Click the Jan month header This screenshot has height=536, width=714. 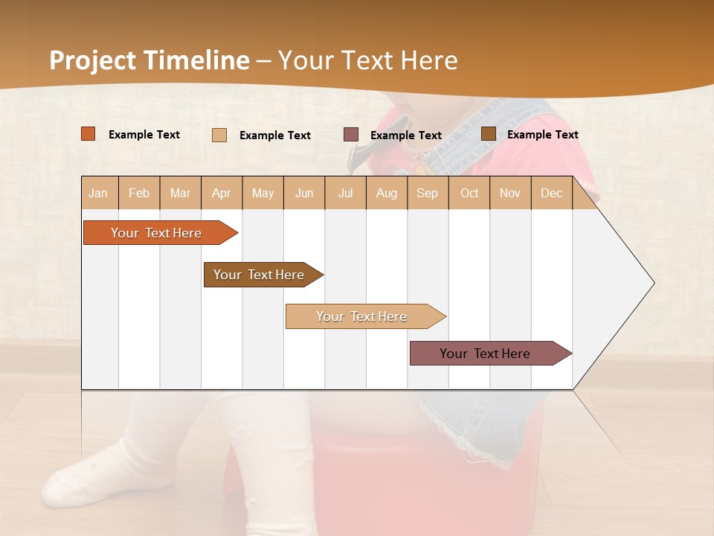98,193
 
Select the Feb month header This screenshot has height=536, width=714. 139,193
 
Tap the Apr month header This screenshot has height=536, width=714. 222,193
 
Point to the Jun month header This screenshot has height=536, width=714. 304,193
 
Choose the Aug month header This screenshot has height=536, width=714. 387,193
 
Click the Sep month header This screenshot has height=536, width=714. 428,193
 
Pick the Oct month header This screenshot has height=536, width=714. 469,193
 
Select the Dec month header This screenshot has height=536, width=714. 552,193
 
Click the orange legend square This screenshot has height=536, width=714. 89,134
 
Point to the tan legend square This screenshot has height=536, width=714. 219,135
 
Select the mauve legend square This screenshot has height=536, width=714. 351,135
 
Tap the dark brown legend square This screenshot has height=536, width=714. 488,134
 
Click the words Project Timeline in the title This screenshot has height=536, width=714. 149,60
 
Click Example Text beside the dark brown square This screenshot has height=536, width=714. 542,135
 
